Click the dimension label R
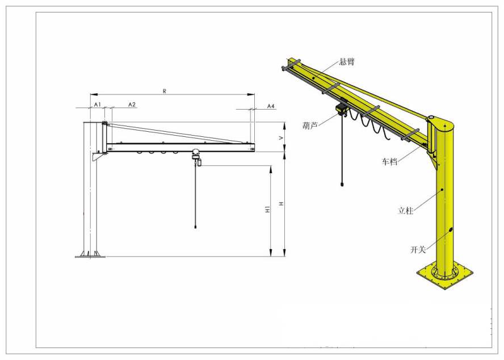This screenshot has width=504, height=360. (165, 91)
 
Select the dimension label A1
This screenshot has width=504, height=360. (98, 104)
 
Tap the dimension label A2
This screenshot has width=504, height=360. (132, 104)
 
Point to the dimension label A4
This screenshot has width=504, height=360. (271, 106)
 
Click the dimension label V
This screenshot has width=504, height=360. (282, 137)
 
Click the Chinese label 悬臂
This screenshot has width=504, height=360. (347, 62)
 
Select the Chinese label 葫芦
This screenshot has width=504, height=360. (310, 126)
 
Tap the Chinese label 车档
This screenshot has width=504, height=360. (389, 161)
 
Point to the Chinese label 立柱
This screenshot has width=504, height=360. (405, 211)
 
